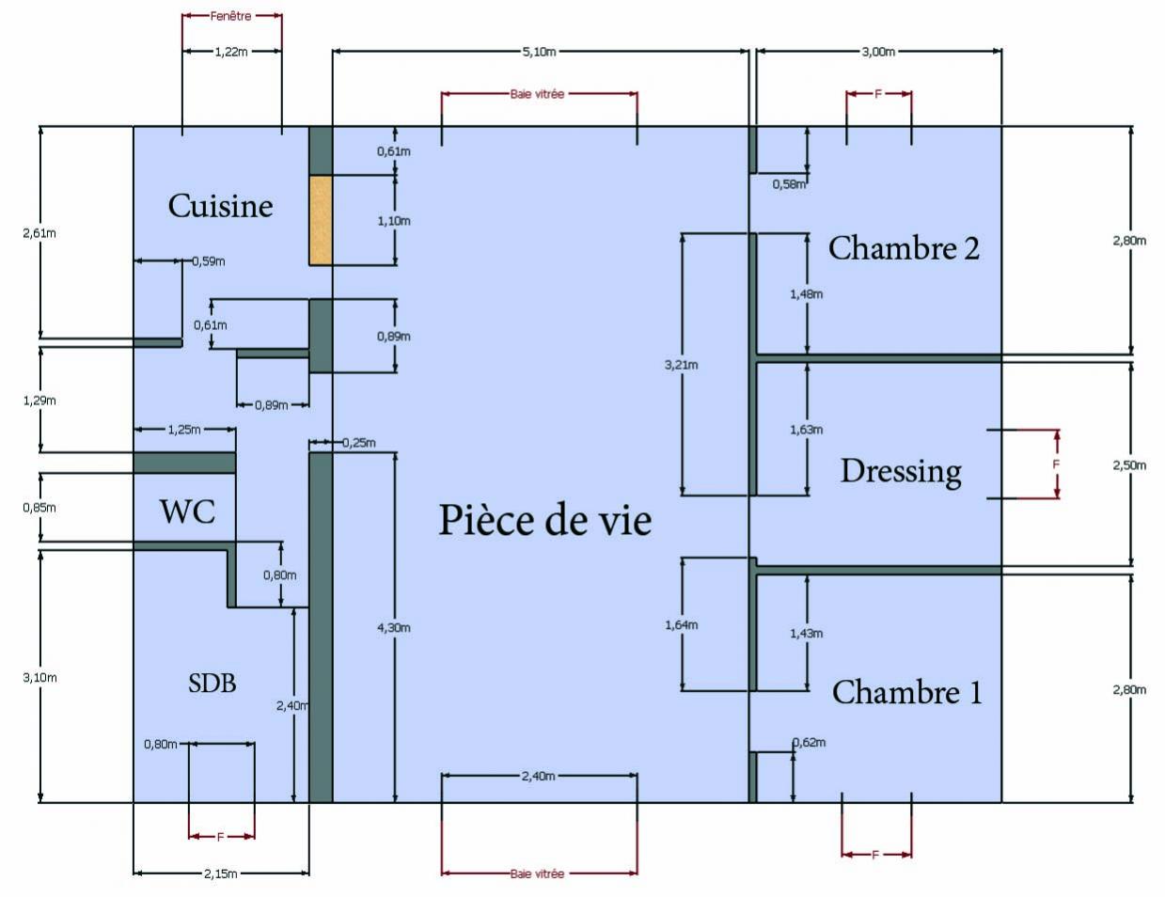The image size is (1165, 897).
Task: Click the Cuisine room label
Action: tap(220, 206)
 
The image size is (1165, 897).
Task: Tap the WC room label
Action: tap(187, 511)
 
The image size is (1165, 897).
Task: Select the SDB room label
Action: tap(212, 684)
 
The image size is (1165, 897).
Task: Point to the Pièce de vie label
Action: tap(544, 520)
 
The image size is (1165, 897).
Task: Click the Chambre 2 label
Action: tap(904, 248)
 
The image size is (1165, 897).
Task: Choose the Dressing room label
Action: tap(901, 470)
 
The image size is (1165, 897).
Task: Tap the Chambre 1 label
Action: tap(906, 692)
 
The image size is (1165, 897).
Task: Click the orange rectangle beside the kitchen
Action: tap(321, 219)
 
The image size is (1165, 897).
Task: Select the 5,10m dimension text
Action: tap(539, 52)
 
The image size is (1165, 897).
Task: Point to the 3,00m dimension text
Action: tap(878, 52)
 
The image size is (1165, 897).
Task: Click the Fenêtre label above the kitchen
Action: tap(230, 17)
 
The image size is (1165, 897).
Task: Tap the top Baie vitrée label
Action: tap(538, 94)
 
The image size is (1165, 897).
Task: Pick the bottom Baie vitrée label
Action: tap(538, 873)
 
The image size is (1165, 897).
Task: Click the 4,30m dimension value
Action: tap(394, 627)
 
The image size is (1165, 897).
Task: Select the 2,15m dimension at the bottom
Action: tap(221, 873)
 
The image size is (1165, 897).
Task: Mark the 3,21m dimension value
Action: tap(682, 364)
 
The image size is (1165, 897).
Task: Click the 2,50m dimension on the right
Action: tap(1129, 465)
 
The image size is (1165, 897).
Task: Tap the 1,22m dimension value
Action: tap(231, 52)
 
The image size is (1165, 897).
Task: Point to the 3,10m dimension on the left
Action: tap(39, 677)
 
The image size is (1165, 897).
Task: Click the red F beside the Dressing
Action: tap(1056, 464)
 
